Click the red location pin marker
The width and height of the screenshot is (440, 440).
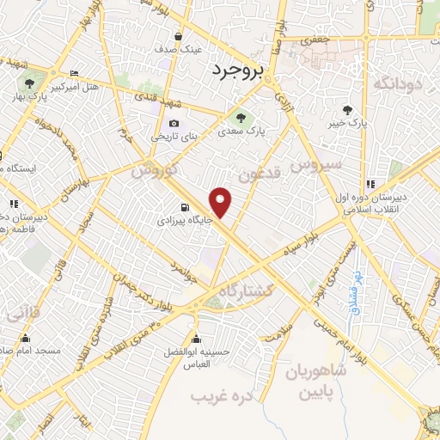222,203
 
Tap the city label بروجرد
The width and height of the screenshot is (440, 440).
240,70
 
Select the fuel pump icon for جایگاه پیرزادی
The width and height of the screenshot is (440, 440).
185,206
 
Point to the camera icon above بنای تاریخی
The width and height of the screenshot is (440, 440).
174,123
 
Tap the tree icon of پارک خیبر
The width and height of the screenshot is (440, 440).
347,109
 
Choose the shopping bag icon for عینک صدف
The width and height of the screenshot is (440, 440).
178,37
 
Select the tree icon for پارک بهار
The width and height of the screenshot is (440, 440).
29,82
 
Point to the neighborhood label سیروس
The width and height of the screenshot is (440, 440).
317,162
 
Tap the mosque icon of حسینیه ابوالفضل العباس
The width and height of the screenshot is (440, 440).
197,337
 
